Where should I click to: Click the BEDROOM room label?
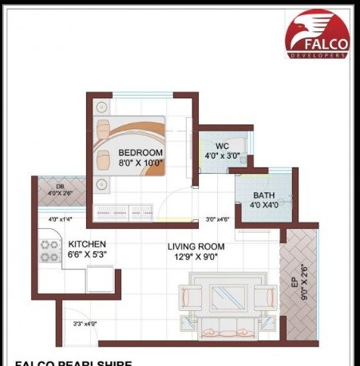point(140,152)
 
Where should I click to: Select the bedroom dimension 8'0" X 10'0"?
point(140,163)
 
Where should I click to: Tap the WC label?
point(222,146)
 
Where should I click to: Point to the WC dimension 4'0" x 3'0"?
point(222,155)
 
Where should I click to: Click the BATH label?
point(263,195)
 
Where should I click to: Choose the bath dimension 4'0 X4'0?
point(263,205)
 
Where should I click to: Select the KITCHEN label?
point(86,244)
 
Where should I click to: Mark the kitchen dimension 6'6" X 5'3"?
point(86,254)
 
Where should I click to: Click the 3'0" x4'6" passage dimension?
point(217,219)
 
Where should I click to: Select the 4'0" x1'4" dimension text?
point(59,219)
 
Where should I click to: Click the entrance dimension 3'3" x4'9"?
point(84,324)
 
